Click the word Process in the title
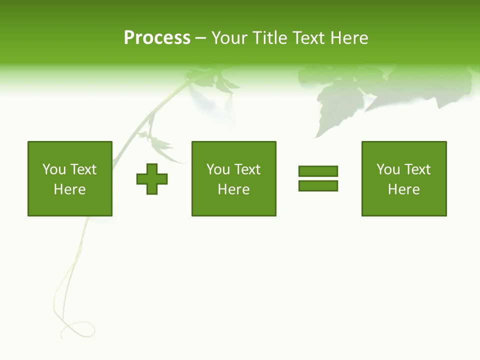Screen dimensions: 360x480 click(157, 38)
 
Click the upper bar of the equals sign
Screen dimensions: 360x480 click(318, 171)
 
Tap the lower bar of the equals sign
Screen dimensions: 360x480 click(318, 185)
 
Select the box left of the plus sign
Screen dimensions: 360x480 click(70, 178)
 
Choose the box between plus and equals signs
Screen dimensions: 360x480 click(233, 178)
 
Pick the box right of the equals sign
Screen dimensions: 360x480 click(403, 178)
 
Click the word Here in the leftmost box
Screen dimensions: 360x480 click(70, 189)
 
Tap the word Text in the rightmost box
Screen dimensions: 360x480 click(417, 169)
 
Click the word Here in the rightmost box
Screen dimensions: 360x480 click(403, 189)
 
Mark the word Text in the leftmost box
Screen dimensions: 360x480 click(83, 169)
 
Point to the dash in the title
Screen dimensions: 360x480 click(200, 38)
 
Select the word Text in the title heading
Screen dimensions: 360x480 click(307, 38)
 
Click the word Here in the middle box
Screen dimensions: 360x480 click(233, 189)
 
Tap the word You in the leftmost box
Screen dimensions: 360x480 click(54, 169)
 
